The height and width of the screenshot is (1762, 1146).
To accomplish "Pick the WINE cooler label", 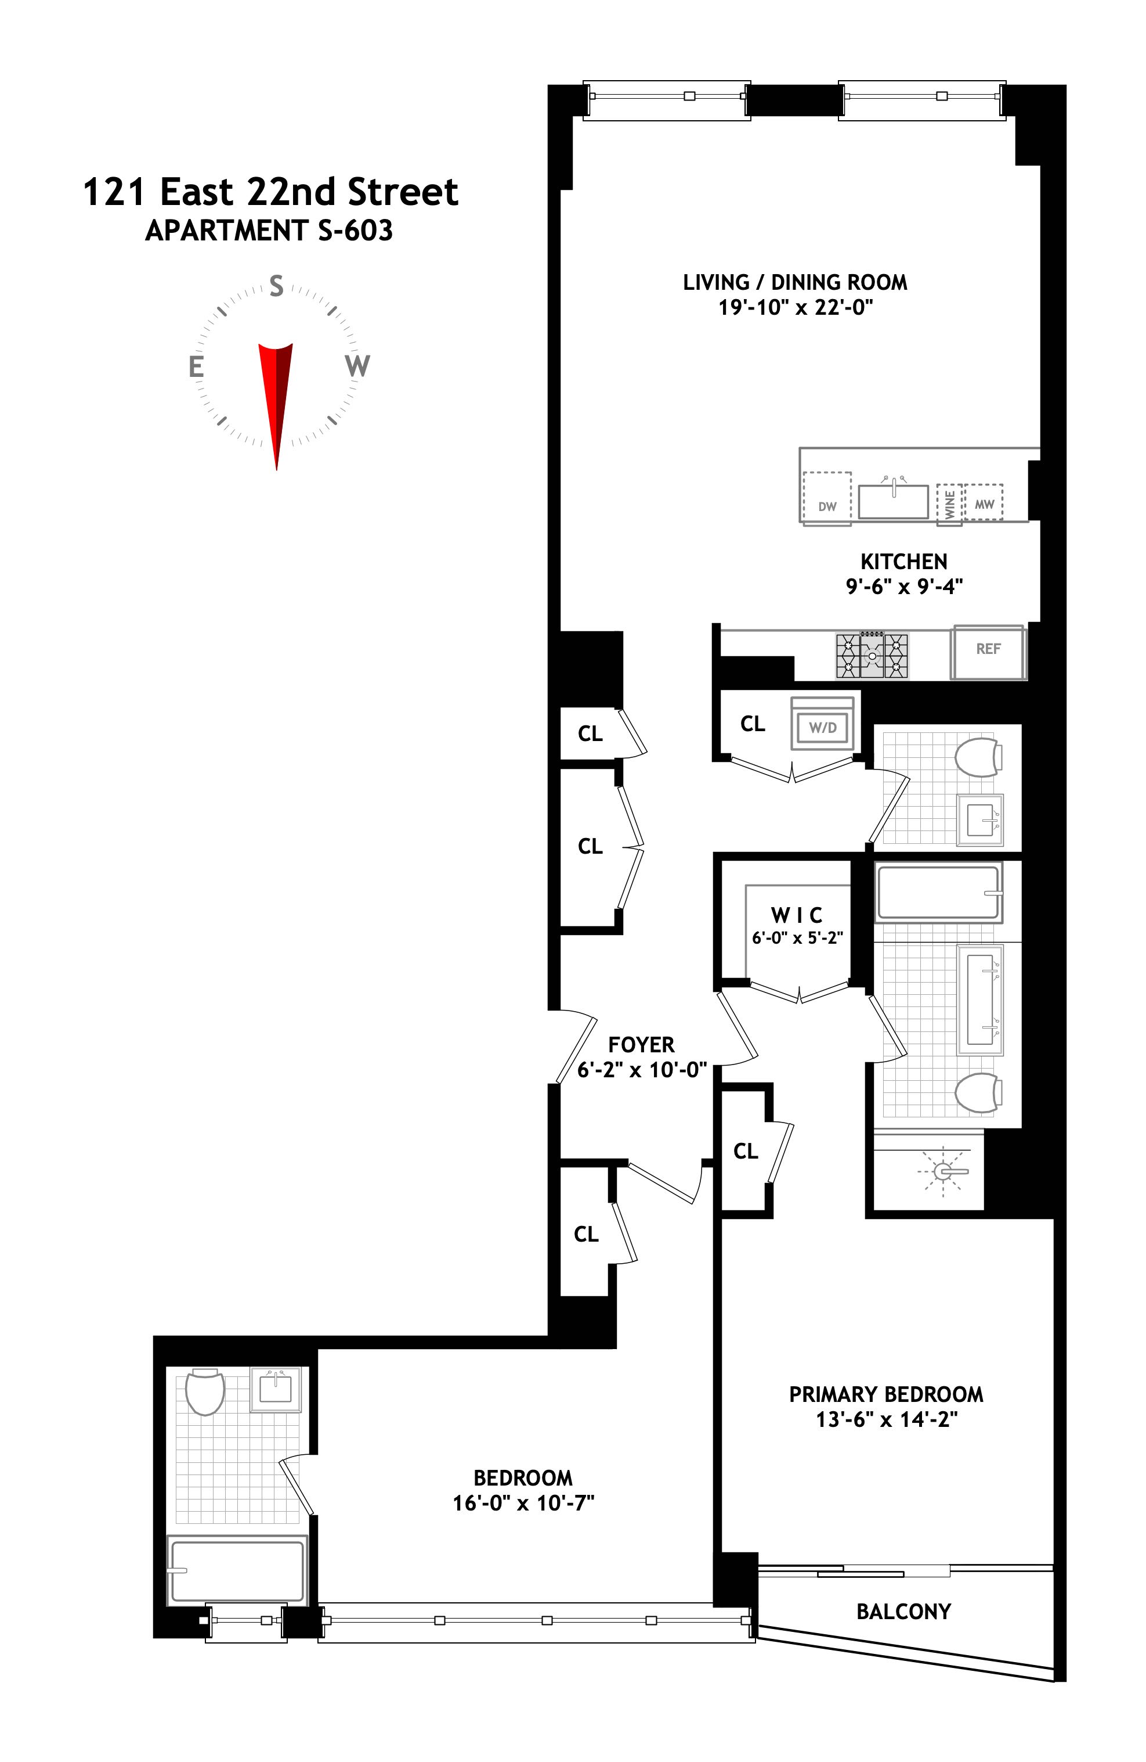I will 949,504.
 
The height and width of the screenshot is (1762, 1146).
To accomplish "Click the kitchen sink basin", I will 893,501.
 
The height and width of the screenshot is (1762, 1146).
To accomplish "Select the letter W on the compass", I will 357,366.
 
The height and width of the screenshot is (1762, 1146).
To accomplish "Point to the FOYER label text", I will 641,1045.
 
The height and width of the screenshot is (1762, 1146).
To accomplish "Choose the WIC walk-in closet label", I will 796,915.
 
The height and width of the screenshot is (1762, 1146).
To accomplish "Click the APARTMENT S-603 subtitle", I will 269,231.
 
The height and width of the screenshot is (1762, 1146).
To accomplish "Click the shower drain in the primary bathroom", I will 942,1171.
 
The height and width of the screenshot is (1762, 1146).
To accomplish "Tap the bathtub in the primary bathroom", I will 937,892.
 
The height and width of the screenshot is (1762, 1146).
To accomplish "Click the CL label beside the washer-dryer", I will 753,724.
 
